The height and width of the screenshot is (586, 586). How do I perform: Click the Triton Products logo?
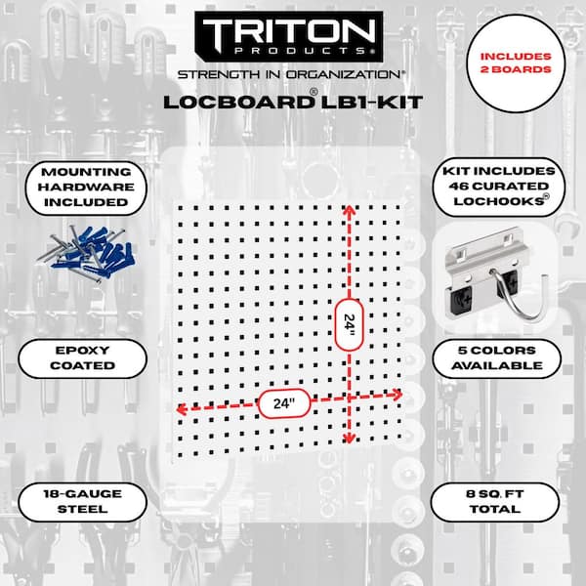point(289,36)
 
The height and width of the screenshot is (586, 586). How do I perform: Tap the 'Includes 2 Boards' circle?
point(516,63)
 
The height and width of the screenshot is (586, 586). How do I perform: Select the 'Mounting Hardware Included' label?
point(86,188)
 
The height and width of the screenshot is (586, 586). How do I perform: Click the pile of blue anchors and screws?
point(89,253)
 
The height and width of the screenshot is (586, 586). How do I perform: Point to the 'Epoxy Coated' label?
point(83,358)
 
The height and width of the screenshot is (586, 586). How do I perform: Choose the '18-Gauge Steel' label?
point(83,502)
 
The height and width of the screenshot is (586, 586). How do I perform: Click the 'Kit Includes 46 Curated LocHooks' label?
point(498,187)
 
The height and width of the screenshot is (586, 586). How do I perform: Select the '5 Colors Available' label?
point(497,358)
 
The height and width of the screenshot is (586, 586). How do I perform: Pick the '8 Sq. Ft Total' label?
point(495,502)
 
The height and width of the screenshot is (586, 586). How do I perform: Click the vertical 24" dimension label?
point(349,324)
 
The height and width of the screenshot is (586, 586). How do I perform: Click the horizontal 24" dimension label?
point(284,403)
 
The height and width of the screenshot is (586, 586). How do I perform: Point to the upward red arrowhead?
point(349,209)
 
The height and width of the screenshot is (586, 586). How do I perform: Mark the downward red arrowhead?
point(349,438)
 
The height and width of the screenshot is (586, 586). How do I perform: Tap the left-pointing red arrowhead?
point(181,409)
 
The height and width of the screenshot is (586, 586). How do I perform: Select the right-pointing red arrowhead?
point(397,395)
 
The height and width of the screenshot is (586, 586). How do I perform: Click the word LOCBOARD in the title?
point(238,103)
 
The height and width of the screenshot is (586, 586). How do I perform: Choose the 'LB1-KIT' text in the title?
point(372,103)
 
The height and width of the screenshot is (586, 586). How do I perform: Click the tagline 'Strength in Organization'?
point(289,74)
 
